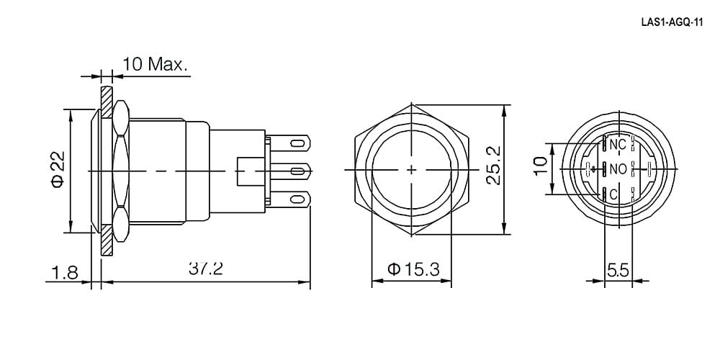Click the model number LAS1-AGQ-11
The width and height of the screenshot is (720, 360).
coord(672,24)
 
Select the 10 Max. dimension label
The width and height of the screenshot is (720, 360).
coord(156,64)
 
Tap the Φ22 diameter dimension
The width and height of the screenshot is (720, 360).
coord(57,171)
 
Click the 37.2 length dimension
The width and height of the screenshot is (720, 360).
coord(206,269)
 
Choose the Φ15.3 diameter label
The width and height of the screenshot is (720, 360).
coord(413,269)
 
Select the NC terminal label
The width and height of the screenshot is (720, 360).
coord(618,144)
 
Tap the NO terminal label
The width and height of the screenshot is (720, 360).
coord(618,169)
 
